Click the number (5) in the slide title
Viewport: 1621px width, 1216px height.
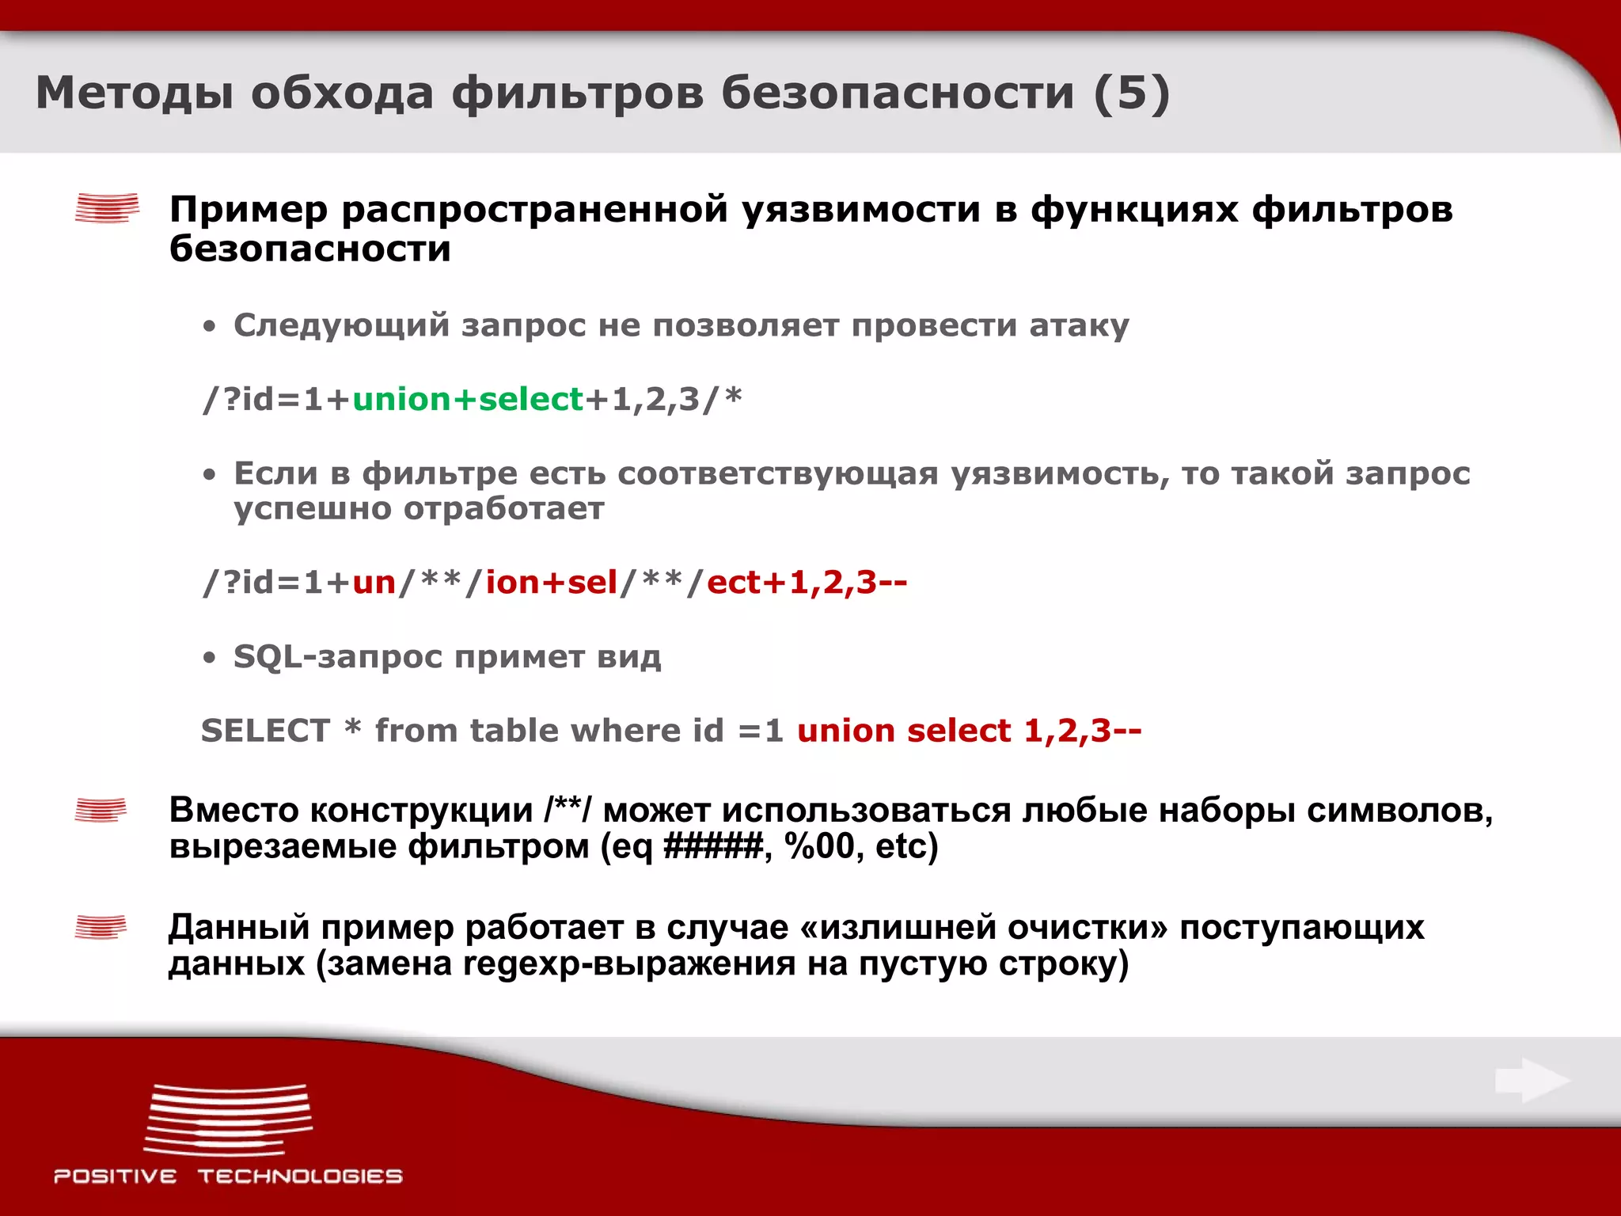(x=1132, y=93)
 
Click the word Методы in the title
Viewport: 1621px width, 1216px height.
(x=135, y=93)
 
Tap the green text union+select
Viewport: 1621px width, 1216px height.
(x=468, y=399)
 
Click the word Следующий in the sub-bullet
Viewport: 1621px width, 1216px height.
(x=341, y=325)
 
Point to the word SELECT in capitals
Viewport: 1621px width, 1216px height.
(x=265, y=730)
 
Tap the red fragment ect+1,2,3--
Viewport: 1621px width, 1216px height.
(x=807, y=583)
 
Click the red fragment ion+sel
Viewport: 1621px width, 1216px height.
(x=551, y=583)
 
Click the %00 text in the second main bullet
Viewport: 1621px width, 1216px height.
(x=820, y=846)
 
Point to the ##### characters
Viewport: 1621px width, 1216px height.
(x=713, y=846)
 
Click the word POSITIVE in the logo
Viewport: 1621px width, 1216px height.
(x=116, y=1176)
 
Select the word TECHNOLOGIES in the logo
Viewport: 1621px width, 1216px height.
(x=300, y=1176)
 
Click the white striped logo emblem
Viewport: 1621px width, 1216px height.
(x=229, y=1119)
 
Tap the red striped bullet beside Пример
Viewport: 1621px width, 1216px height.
(x=107, y=208)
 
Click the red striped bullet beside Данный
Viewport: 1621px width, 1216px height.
(x=101, y=926)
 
